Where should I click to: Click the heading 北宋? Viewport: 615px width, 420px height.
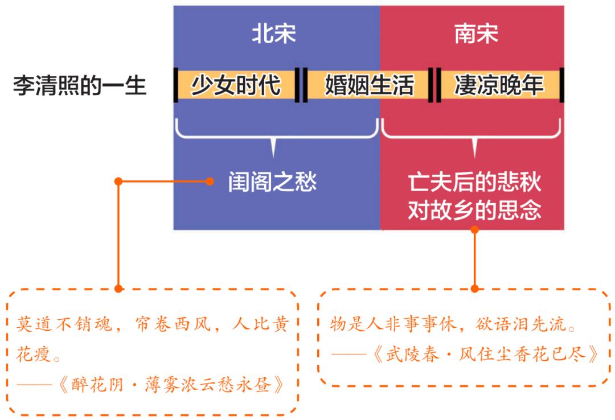coord(274,34)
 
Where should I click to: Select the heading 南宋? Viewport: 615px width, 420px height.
coord(476,34)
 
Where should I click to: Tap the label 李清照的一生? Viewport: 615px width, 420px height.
coord(80,86)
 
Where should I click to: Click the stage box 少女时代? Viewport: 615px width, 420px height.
coord(236,85)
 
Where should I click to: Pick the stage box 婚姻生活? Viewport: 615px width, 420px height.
coord(369,85)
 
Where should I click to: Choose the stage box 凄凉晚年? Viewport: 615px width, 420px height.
coord(499,85)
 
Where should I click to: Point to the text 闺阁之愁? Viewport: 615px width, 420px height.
coord(272,182)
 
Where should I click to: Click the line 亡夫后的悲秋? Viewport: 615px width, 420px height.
coord(474,183)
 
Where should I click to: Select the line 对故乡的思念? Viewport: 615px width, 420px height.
coord(474,211)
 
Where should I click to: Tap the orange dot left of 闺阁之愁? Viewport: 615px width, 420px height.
coord(210,182)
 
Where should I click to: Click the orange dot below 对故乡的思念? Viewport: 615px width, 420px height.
coord(474,229)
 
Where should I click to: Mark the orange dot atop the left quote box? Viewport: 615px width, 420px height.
coord(118,289)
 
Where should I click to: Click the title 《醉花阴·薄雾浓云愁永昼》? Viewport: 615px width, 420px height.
coord(171,386)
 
